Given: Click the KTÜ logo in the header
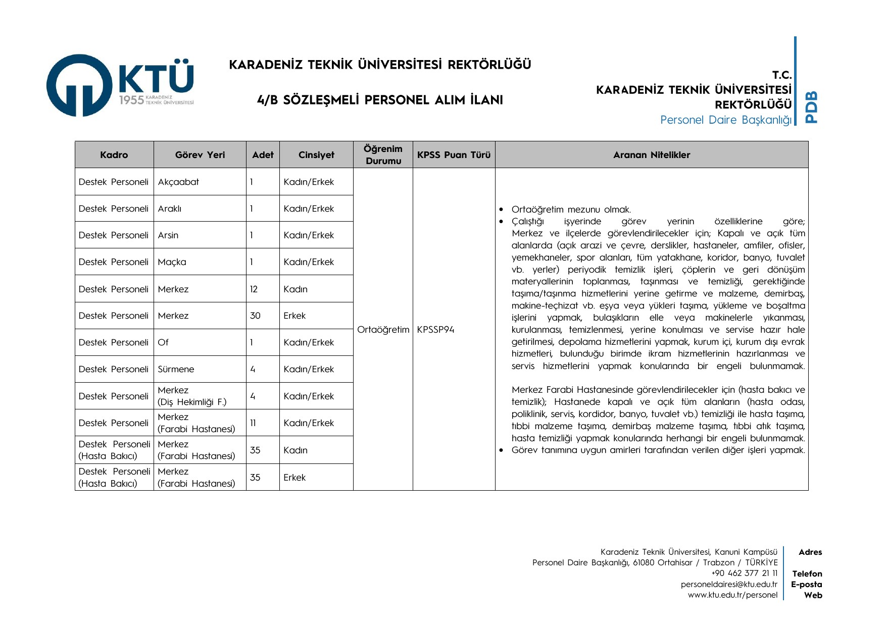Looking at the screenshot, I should click(120, 85).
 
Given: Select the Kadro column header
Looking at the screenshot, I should click(114, 155).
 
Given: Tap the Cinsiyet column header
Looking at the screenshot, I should click(316, 155).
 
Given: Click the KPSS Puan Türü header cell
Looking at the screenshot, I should click(454, 155).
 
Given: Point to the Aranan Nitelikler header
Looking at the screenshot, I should click(652, 155).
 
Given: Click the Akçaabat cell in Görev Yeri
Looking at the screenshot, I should click(178, 182).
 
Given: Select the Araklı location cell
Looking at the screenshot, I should click(170, 208).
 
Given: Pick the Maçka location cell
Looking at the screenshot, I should click(172, 262).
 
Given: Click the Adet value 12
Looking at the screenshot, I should click(254, 289).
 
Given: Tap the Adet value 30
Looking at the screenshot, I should click(255, 316).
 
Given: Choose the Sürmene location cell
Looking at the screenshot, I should click(176, 369).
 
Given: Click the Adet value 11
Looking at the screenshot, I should click(253, 423).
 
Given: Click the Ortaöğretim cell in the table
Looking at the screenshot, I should click(383, 330).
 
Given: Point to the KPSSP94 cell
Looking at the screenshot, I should click(435, 330).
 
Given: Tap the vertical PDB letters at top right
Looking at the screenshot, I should click(811, 107).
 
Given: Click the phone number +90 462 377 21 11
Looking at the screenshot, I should click(744, 573).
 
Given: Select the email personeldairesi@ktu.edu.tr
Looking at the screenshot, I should click(729, 585).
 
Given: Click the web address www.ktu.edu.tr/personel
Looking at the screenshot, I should click(732, 595).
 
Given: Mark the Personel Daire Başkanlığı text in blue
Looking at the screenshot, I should click(725, 120).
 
